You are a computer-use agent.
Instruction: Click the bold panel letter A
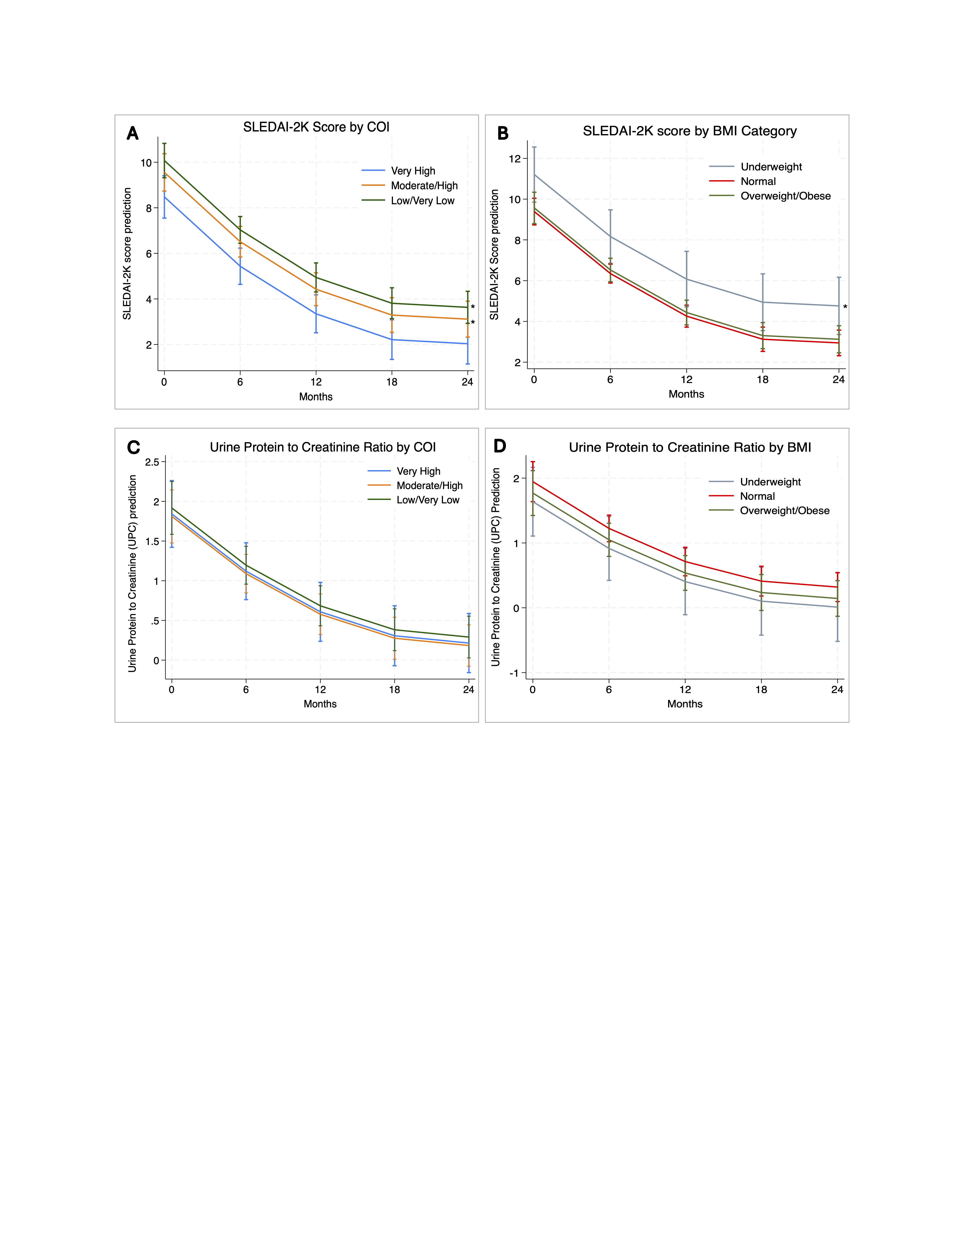coord(132,134)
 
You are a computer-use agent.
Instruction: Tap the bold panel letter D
coord(499,446)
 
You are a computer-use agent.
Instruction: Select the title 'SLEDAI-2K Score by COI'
coord(316,127)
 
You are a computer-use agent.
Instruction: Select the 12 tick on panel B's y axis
coord(514,159)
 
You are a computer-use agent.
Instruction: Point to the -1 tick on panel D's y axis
coord(514,673)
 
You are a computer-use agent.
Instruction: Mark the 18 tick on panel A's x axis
coord(392,382)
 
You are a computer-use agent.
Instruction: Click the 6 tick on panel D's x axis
coord(609,690)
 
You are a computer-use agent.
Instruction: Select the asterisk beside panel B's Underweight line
coord(845,308)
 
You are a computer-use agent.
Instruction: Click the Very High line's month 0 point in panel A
coord(165,197)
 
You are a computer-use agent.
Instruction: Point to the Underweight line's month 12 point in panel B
coord(686,279)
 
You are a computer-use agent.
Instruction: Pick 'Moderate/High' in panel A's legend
coord(424,186)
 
